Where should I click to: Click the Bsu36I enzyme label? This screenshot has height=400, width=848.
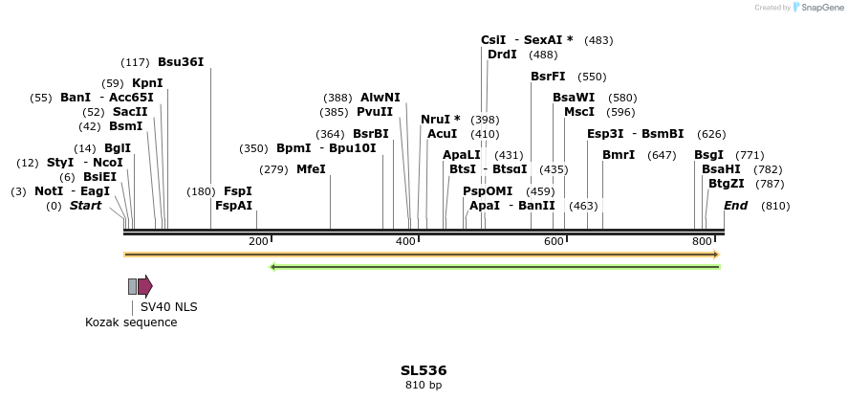click(x=181, y=62)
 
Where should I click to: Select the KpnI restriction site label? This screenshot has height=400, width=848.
click(x=147, y=83)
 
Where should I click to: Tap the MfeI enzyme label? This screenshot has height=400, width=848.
click(x=311, y=169)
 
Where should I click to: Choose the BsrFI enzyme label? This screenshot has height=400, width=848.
click(x=548, y=77)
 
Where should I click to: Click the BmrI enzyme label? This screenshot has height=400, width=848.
click(x=619, y=155)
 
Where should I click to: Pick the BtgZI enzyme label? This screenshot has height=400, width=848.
click(x=726, y=184)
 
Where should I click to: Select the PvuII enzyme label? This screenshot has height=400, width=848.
click(x=375, y=112)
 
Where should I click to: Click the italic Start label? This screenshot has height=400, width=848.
click(x=85, y=206)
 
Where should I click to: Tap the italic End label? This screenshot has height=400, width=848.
click(x=735, y=206)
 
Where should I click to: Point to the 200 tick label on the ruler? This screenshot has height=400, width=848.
click(x=258, y=241)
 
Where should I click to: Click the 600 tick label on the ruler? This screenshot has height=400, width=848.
click(x=554, y=241)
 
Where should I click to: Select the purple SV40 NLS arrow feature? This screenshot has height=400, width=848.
click(x=145, y=286)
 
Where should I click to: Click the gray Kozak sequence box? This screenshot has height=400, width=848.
click(x=132, y=286)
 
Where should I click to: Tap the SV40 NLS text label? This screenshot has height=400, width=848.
click(x=168, y=307)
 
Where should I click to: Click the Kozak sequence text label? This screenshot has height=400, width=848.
click(x=131, y=322)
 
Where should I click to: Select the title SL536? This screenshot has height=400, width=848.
click(x=424, y=370)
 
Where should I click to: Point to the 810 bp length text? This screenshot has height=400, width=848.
click(x=424, y=386)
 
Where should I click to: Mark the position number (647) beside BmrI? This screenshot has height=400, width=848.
click(x=662, y=155)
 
